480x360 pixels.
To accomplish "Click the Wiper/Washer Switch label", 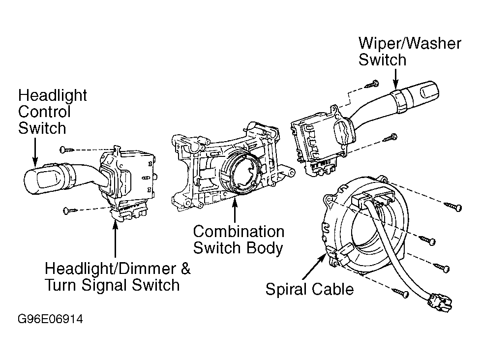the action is [410, 52].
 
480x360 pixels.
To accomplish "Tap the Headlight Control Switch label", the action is [52, 112].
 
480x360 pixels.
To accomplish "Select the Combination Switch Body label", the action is [239, 240].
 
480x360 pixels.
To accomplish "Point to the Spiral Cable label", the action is [309, 289].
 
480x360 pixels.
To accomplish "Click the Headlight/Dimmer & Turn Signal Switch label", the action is [118, 277].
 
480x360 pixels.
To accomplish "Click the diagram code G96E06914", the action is [50, 319].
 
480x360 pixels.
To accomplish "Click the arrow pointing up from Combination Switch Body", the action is [235, 210].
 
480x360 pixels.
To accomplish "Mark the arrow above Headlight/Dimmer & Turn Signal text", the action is [115, 239].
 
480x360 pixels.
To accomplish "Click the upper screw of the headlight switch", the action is [66, 150].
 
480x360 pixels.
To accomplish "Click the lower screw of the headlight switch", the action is [70, 210].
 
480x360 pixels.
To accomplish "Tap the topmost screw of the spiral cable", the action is [453, 207].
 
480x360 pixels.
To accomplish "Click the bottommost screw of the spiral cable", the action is [401, 293].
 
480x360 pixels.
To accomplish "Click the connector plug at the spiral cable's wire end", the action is [440, 303].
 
